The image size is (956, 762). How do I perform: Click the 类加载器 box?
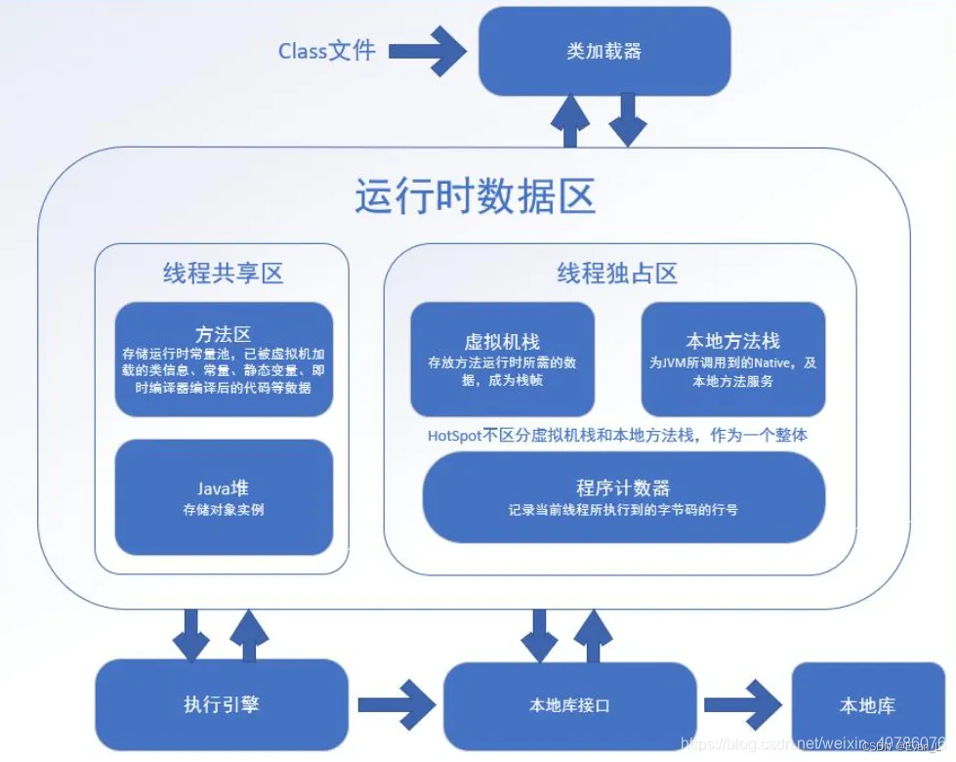tap(604, 52)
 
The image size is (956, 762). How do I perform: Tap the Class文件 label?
tap(326, 51)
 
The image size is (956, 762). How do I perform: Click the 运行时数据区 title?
tap(475, 196)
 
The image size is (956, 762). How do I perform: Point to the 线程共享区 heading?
tap(223, 273)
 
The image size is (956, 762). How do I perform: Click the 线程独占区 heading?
tap(617, 273)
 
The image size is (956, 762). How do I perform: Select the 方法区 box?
tap(224, 360)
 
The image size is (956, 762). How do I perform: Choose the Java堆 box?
tap(224, 497)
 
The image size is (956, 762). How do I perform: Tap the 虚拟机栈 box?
tap(502, 359)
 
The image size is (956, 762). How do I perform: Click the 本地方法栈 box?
tap(732, 359)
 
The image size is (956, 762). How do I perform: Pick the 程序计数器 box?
tap(623, 497)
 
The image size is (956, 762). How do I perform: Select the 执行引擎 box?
tap(222, 704)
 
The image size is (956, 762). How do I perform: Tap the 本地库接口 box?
tap(569, 704)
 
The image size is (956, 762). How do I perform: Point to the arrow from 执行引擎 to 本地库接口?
tap(396, 704)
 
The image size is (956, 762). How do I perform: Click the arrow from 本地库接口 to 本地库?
tap(742, 704)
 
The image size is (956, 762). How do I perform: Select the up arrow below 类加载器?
tap(570, 121)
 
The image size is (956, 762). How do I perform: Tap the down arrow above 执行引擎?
tap(190, 634)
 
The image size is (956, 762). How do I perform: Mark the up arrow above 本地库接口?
tap(592, 634)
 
